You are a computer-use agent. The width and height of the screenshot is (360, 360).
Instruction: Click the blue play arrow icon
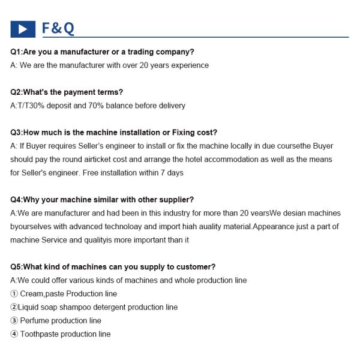(23, 29)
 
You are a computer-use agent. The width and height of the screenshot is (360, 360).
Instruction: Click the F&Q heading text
(58, 29)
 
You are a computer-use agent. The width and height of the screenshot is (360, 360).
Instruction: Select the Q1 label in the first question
(16, 52)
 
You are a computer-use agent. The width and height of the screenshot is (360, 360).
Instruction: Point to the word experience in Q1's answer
(190, 65)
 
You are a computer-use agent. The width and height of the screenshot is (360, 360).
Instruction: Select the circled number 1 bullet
(14, 294)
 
